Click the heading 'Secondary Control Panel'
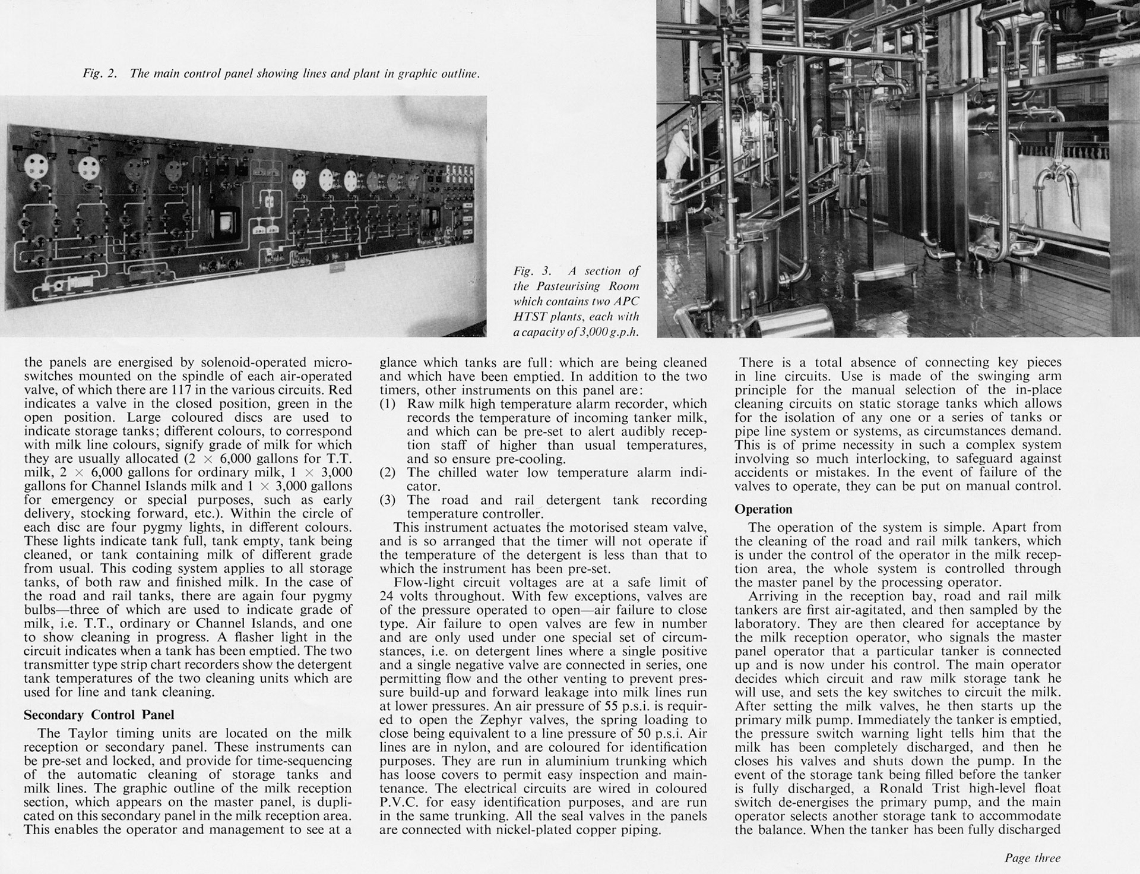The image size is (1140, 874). tap(99, 715)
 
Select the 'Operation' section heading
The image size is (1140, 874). tap(763, 509)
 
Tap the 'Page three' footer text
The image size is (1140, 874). tap(1032, 858)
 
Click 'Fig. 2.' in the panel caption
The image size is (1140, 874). tap(99, 74)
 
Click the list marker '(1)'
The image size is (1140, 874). tap(388, 404)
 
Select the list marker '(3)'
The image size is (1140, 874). tap(388, 500)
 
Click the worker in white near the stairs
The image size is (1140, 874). tap(678, 154)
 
